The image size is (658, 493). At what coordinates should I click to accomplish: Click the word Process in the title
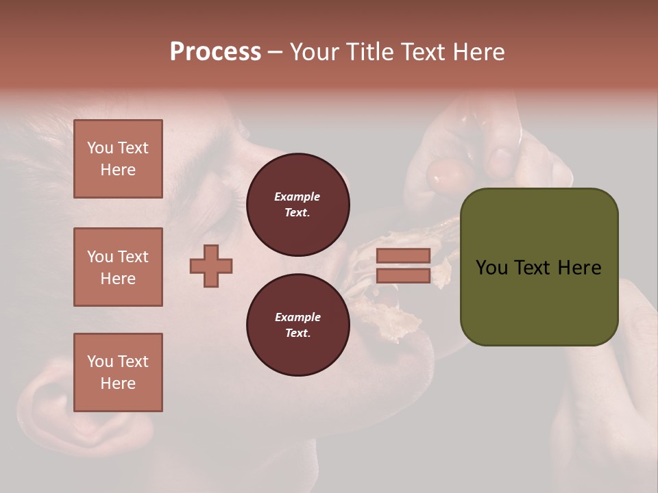(x=215, y=52)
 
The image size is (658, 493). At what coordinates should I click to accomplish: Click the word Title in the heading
(x=370, y=52)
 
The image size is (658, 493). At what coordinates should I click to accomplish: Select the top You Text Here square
(x=118, y=159)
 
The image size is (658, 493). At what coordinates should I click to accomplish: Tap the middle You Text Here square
(x=118, y=267)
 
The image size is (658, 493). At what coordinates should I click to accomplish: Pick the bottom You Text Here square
(x=118, y=372)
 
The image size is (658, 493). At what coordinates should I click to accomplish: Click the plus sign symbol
(x=211, y=266)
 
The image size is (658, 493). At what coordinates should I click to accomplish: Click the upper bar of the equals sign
(x=403, y=255)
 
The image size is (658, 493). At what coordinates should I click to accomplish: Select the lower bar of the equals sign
(x=403, y=276)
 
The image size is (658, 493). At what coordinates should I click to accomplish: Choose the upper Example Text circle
(x=297, y=205)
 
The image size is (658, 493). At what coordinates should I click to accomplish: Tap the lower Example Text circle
(x=297, y=325)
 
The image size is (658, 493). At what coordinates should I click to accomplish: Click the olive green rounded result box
(x=539, y=267)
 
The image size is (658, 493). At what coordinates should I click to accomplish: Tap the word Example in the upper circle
(x=297, y=197)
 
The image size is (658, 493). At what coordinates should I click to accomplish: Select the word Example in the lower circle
(x=297, y=317)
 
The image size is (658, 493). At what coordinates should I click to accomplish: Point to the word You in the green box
(x=492, y=268)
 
